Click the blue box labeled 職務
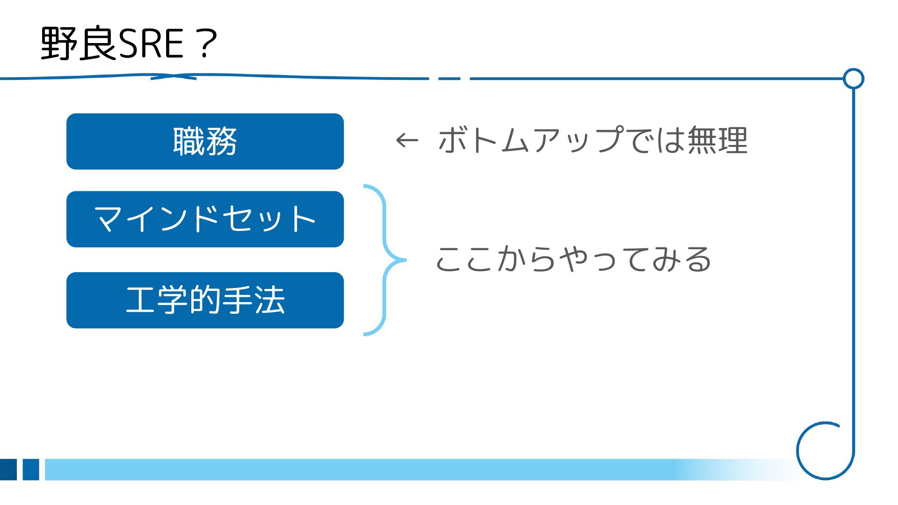point(205,141)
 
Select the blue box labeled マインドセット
point(205,219)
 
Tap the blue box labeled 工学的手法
point(205,300)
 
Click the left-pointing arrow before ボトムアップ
point(406,140)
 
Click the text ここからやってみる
point(573,259)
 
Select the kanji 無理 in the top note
point(717,140)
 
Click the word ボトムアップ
point(531,140)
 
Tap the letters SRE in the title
point(151,44)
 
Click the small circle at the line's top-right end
point(854,79)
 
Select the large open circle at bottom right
point(797,451)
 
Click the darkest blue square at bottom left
point(8,469)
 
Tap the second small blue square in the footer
point(31,469)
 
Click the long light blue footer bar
point(421,469)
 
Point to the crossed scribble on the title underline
point(174,76)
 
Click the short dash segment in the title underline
point(449,79)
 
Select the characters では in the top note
point(655,140)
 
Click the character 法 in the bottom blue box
point(270,300)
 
